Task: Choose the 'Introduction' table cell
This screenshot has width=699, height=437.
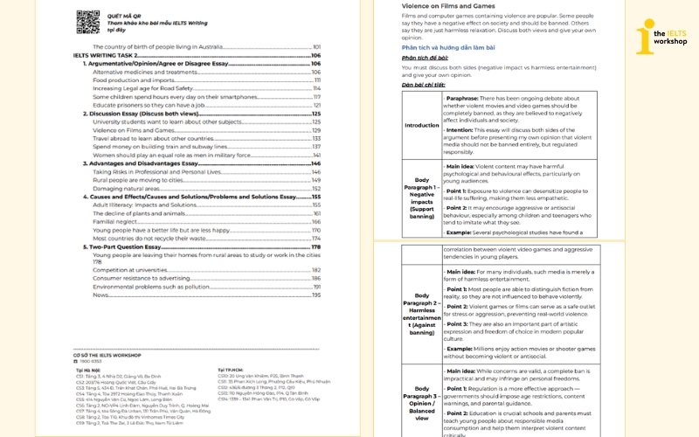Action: point(421,125)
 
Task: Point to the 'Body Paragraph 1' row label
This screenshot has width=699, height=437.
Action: point(421,197)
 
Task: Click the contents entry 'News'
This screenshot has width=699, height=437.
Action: point(100,295)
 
